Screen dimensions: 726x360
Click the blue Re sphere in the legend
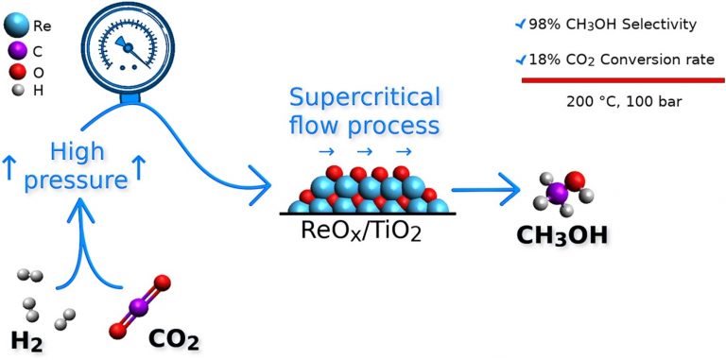point(17,26)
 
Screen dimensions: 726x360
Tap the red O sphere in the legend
point(18,73)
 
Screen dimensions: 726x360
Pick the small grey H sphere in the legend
point(18,91)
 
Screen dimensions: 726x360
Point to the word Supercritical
point(365,98)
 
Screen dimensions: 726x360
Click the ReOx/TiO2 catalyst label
point(361,231)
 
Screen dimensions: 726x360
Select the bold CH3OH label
point(562,235)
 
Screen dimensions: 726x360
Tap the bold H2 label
point(26,342)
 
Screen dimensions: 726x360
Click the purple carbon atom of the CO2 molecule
point(137,307)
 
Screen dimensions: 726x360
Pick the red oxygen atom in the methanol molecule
point(575,180)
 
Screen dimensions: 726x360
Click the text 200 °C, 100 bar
point(624,102)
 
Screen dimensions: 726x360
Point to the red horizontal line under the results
point(623,80)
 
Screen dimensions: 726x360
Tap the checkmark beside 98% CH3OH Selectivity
point(521,24)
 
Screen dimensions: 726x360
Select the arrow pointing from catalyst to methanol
point(485,190)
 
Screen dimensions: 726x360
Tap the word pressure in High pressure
point(76,180)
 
